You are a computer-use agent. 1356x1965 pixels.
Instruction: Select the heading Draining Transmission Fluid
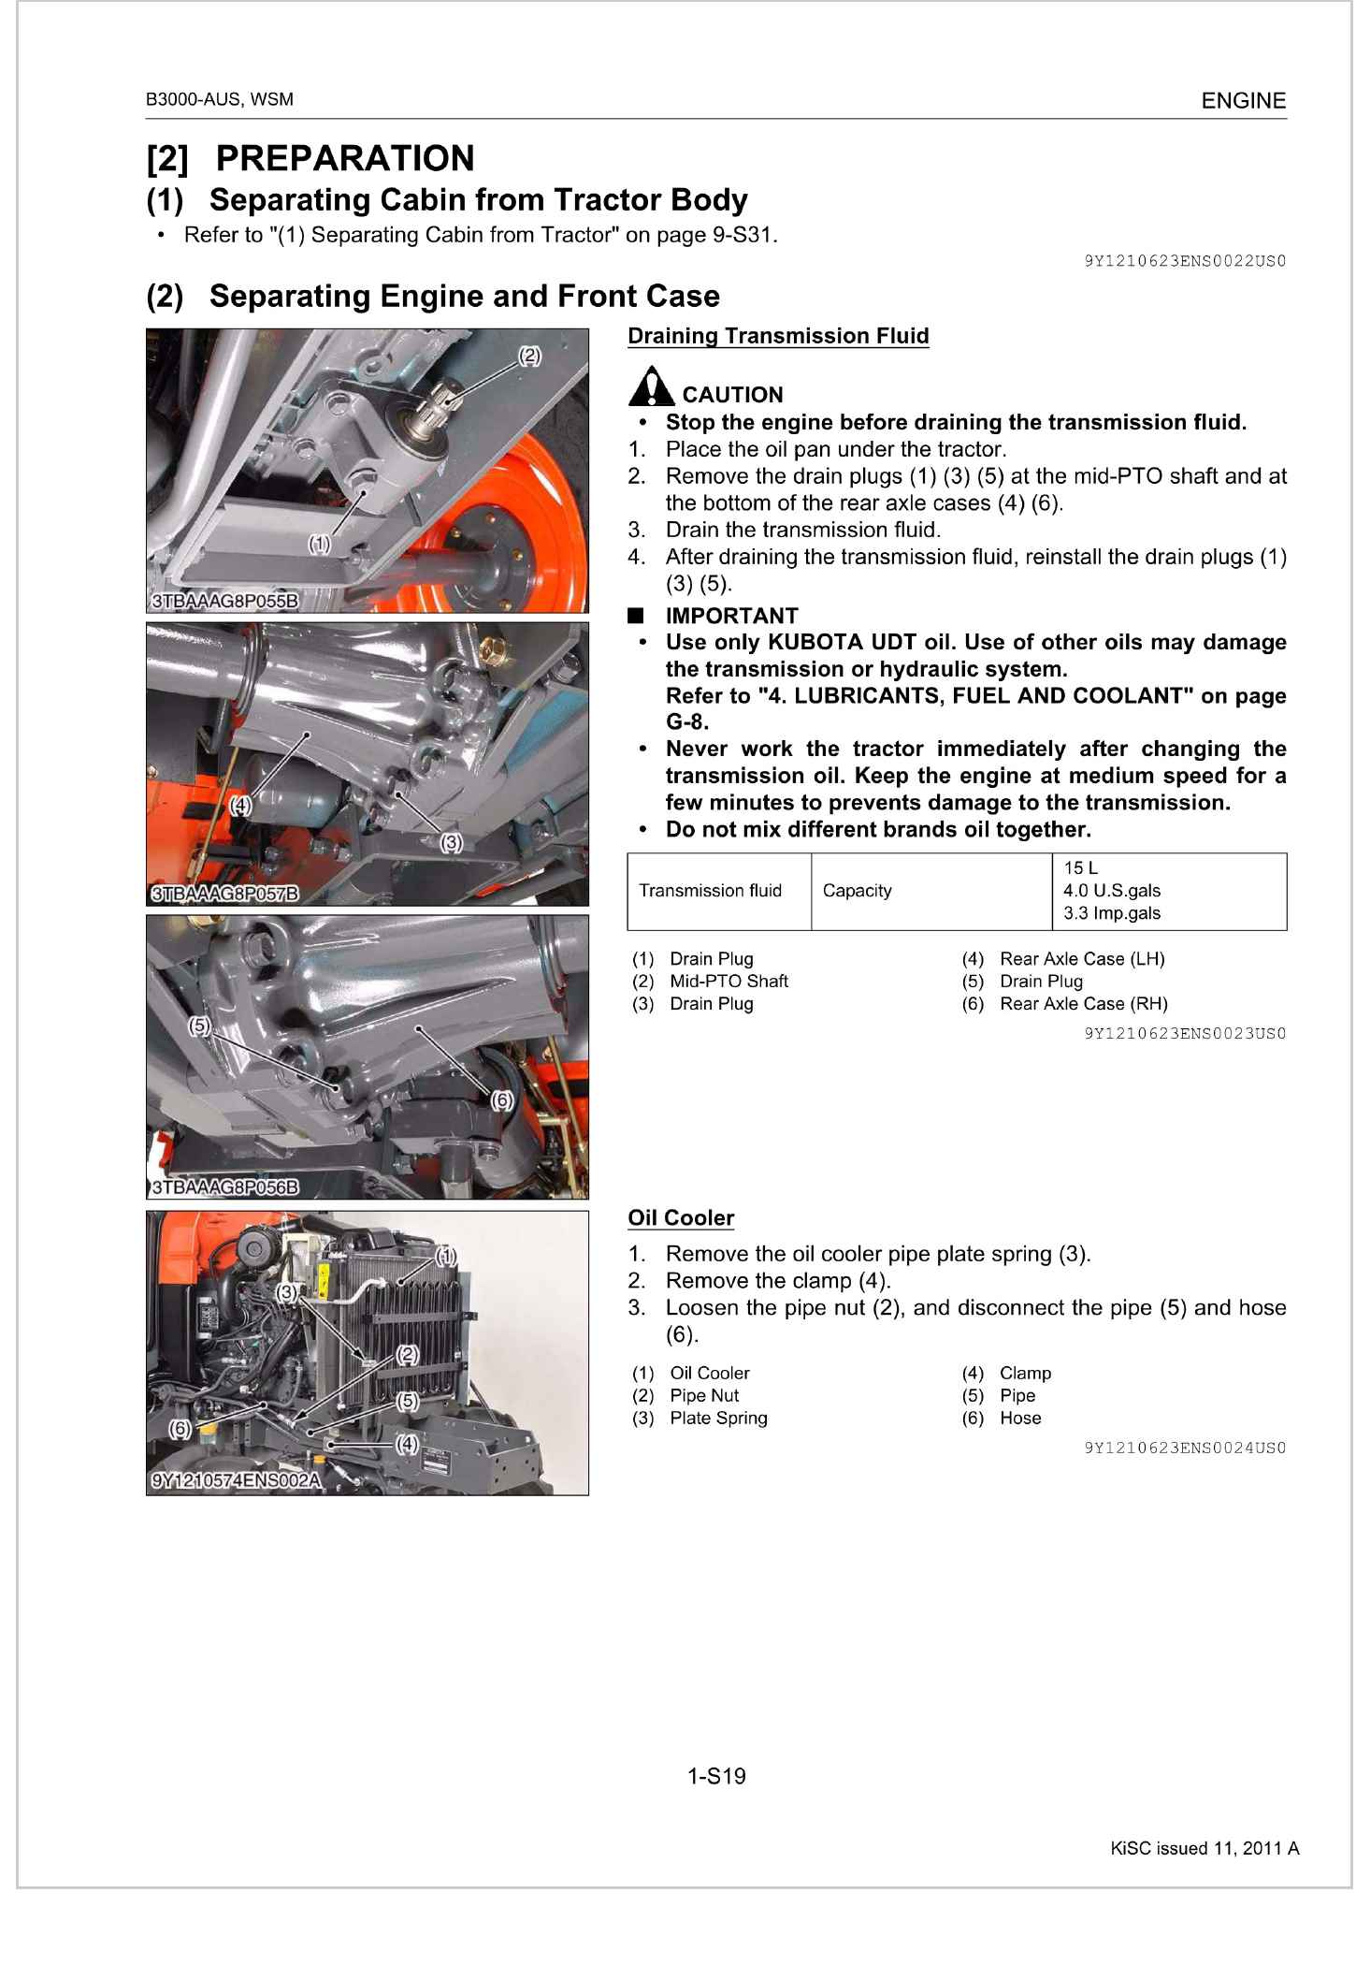(x=778, y=336)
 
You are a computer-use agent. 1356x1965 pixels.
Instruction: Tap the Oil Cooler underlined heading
(x=681, y=1217)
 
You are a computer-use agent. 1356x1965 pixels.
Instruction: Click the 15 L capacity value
(x=1080, y=868)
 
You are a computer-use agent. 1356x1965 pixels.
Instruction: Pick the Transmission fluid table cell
(x=710, y=891)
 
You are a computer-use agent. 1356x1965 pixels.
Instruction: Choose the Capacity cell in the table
(x=857, y=891)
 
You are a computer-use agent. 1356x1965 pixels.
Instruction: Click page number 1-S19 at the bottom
(x=716, y=1776)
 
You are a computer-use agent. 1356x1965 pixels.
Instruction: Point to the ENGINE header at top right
(x=1243, y=101)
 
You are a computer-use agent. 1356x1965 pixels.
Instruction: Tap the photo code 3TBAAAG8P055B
(x=224, y=601)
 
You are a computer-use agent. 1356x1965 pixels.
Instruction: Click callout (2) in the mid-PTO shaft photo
(x=529, y=356)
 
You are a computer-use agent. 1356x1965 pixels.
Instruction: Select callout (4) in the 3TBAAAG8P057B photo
(x=240, y=805)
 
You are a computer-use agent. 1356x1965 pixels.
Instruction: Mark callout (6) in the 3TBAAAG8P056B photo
(x=502, y=1100)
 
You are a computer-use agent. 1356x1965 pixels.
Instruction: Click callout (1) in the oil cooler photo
(x=446, y=1255)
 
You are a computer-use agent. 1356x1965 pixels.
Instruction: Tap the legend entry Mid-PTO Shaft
(x=728, y=982)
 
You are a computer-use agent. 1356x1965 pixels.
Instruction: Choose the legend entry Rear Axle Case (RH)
(x=1083, y=1004)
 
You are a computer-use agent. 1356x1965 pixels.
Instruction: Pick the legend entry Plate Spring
(x=718, y=1419)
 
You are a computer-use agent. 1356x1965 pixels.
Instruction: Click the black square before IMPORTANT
(x=637, y=616)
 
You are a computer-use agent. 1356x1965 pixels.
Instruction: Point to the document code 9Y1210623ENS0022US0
(x=1185, y=261)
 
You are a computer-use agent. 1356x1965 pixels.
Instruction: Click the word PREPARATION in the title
(x=345, y=158)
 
